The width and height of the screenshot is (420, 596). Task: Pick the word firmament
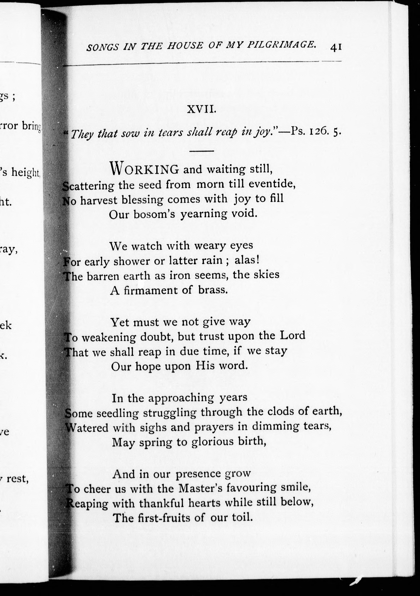150,290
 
